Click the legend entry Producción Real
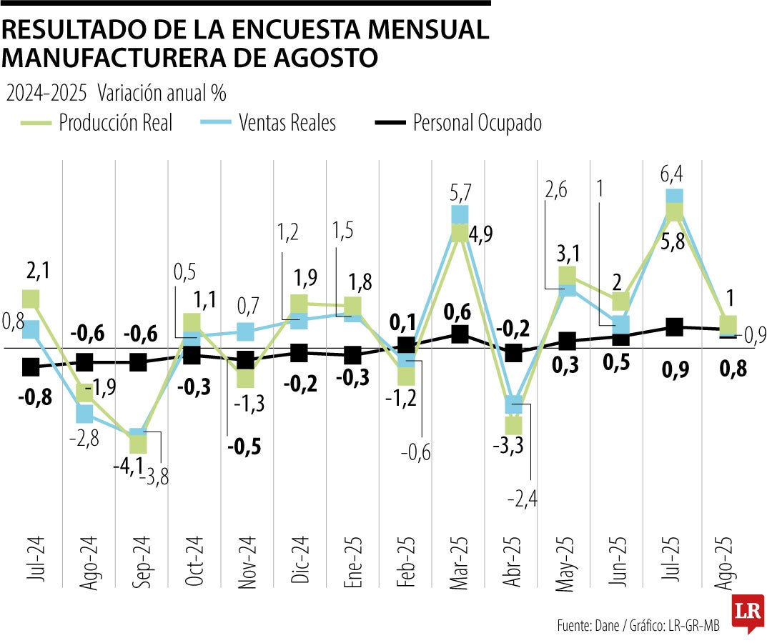point(116,123)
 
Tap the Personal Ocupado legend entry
point(477,123)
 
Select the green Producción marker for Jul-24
point(31,299)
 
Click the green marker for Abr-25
point(513,424)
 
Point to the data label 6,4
point(674,174)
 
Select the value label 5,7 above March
point(459,191)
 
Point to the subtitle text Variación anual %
point(162,93)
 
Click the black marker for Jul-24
point(31,367)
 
